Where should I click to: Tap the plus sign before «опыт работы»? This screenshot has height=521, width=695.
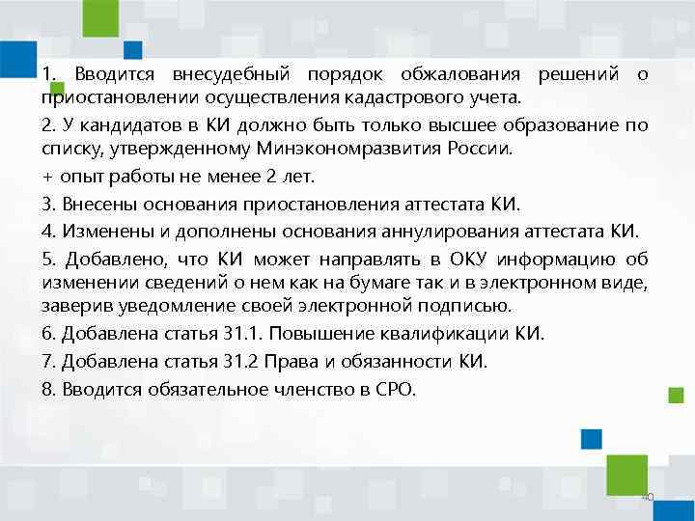pyautogui.click(x=47, y=178)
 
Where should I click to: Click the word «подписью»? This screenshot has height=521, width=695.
pyautogui.click(x=468, y=307)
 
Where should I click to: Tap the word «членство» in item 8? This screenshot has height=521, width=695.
pyautogui.click(x=318, y=388)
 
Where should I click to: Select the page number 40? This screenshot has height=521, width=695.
pyautogui.click(x=648, y=496)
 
